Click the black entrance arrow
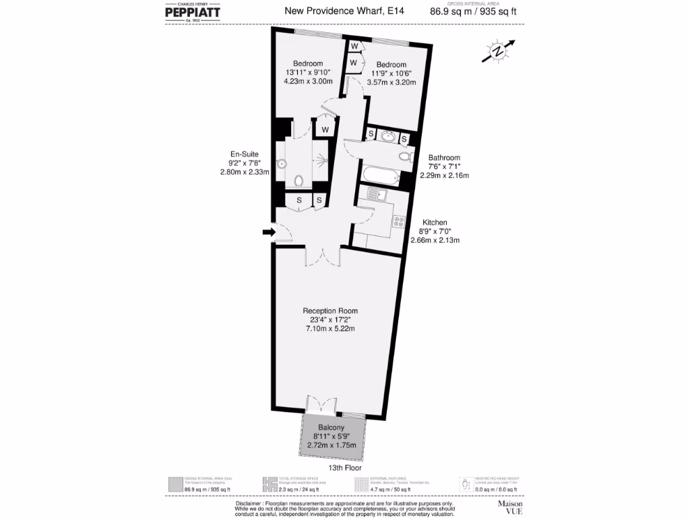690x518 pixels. (269, 233)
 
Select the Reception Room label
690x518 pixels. (328, 311)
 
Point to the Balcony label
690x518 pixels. (332, 428)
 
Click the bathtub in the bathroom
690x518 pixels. (381, 177)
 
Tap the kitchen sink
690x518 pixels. (375, 196)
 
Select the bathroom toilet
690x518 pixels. (404, 156)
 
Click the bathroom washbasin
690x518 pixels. (387, 137)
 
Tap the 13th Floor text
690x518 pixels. (345, 467)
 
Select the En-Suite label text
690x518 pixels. (244, 154)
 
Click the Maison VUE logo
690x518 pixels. (510, 507)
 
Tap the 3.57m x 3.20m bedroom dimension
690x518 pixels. (391, 82)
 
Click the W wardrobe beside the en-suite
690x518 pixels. (325, 129)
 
